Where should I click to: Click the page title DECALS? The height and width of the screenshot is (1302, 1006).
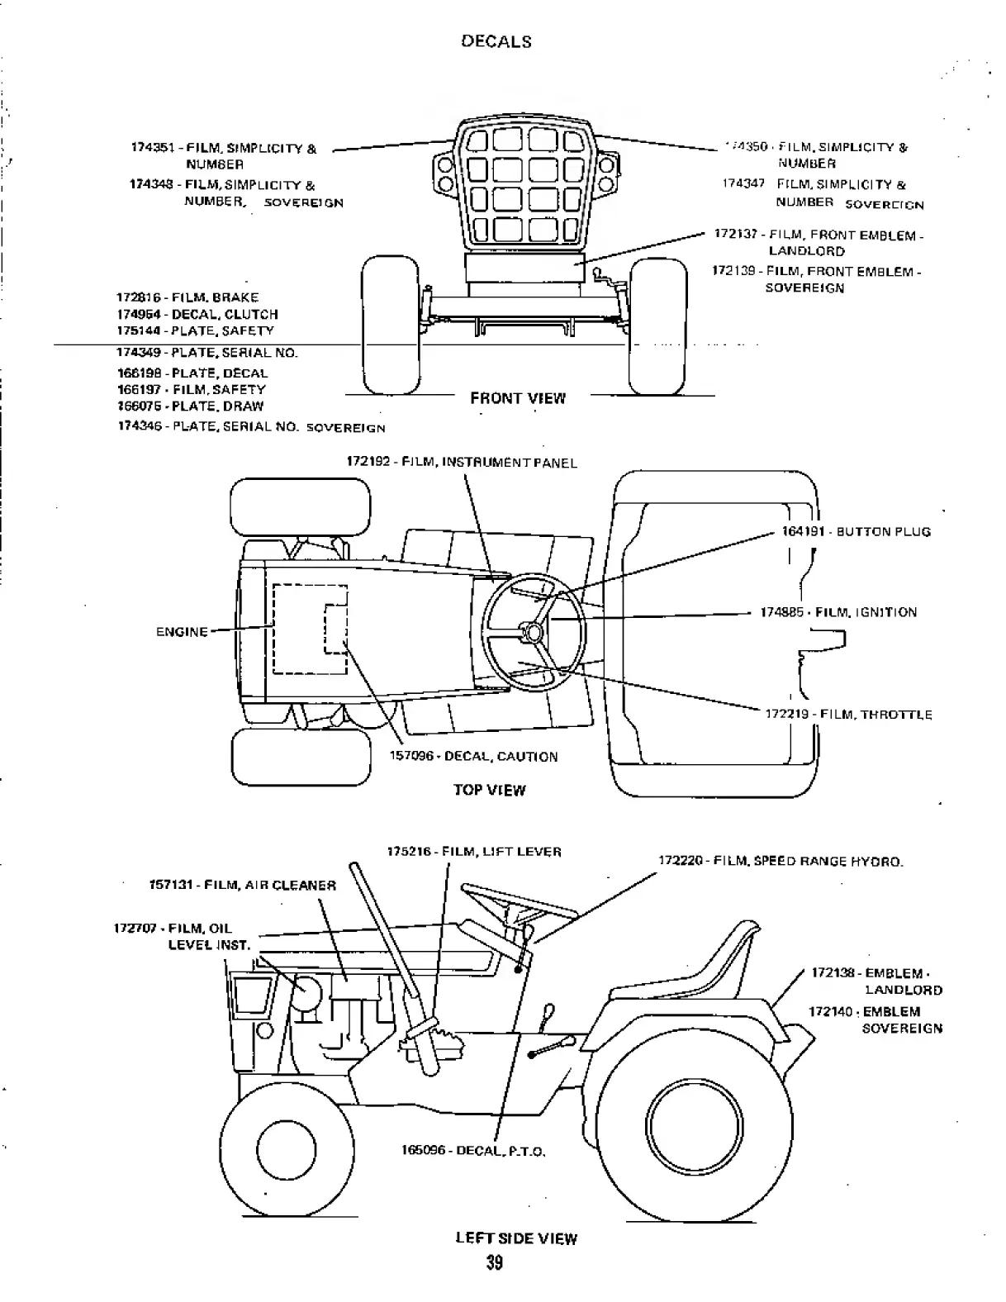pyautogui.click(x=496, y=41)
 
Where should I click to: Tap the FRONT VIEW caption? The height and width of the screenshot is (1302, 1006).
pyautogui.click(x=518, y=398)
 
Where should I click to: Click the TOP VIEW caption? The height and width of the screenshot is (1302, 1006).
pyautogui.click(x=489, y=790)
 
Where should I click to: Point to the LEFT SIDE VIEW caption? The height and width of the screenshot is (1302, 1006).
pyautogui.click(x=516, y=1238)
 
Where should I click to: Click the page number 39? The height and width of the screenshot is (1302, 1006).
pyautogui.click(x=494, y=1263)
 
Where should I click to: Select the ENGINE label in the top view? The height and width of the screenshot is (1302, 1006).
pyautogui.click(x=182, y=632)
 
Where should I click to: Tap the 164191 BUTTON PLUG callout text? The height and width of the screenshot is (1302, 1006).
pyautogui.click(x=856, y=532)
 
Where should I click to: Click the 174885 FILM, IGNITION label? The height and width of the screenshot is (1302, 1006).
pyautogui.click(x=838, y=613)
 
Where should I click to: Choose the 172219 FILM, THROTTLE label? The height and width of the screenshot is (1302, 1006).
pyautogui.click(x=848, y=715)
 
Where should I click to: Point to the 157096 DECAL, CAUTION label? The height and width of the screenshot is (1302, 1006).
pyautogui.click(x=473, y=757)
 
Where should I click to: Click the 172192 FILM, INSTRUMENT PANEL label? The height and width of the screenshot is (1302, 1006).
pyautogui.click(x=461, y=463)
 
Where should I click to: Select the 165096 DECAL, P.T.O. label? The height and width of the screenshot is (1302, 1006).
pyautogui.click(x=473, y=1151)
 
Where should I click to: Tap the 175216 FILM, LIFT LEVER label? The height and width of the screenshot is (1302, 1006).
pyautogui.click(x=474, y=852)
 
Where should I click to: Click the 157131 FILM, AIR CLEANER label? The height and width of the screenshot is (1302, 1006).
pyautogui.click(x=242, y=886)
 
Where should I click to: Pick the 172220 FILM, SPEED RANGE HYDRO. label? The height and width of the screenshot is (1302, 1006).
pyautogui.click(x=781, y=861)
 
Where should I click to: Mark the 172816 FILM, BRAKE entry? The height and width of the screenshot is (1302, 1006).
pyautogui.click(x=187, y=297)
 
